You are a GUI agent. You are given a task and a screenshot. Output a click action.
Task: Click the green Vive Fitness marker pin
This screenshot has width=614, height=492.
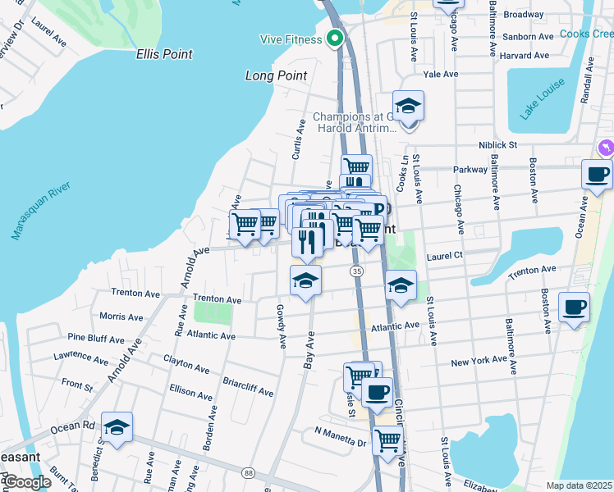335,39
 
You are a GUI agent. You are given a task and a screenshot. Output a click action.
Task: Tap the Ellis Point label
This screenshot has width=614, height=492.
164,54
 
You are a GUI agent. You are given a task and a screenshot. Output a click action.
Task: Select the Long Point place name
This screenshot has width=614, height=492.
276,75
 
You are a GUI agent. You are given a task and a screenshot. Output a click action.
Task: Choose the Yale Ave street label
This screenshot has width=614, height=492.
440,74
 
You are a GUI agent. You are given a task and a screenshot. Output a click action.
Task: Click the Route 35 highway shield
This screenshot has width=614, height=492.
356,271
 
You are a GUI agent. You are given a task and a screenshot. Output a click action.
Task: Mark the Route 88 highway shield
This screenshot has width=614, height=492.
248,473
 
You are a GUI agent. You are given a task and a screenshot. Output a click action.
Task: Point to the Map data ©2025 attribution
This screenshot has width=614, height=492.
579,485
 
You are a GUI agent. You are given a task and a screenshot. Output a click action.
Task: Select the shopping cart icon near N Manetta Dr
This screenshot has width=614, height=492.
387,440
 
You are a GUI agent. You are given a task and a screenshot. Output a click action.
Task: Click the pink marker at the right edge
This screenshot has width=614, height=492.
606,147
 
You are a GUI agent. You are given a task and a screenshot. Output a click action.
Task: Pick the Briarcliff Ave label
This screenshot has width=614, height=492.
249,387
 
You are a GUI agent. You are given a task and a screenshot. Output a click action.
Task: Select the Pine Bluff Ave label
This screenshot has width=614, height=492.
95,337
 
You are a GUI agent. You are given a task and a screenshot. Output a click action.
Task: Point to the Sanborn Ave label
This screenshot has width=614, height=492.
528,37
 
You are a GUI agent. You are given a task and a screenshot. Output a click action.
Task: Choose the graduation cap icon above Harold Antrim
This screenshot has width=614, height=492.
408,105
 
